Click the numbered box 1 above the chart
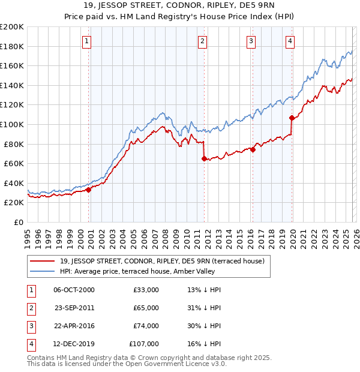click(87, 41)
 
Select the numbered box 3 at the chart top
click(251, 41)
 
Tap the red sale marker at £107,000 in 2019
click(292, 118)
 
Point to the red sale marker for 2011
click(204, 159)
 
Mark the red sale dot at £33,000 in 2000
click(88, 190)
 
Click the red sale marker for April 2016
click(253, 150)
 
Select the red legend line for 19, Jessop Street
click(41, 260)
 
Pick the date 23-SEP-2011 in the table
click(74, 308)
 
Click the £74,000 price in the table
click(146, 326)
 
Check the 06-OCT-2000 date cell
click(74, 290)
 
